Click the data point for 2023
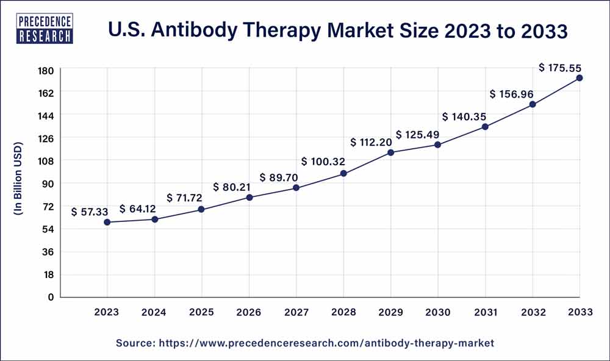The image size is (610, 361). pyautogui.click(x=107, y=222)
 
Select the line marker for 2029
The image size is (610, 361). pyautogui.click(x=390, y=152)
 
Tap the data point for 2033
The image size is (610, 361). pyautogui.click(x=579, y=78)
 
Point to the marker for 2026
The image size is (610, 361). pyautogui.click(x=249, y=197)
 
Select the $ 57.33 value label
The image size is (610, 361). pyautogui.click(x=90, y=212)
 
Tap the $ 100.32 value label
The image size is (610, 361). pyautogui.click(x=324, y=162)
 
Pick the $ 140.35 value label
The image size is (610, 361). pyautogui.click(x=467, y=116)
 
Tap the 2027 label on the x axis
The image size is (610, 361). pyautogui.click(x=296, y=312)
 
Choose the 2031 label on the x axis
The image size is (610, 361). pyautogui.click(x=485, y=312)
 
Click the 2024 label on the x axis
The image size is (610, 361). pyautogui.click(x=154, y=312)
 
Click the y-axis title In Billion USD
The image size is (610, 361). pyautogui.click(x=18, y=179)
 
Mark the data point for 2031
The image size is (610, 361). pyautogui.click(x=485, y=127)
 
